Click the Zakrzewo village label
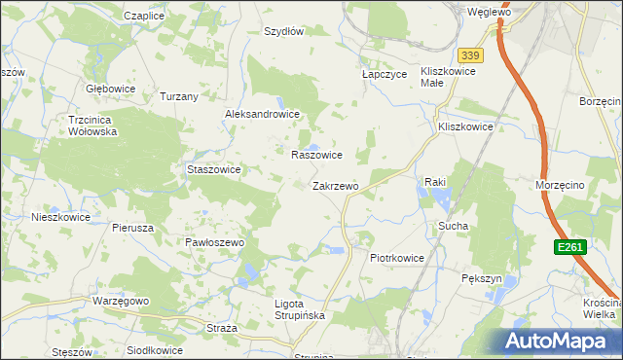point(336,186)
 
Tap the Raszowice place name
point(316,155)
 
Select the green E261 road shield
point(570,248)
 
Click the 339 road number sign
point(471,55)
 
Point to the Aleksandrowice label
point(262,114)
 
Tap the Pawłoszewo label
point(213,242)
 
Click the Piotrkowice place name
point(397,258)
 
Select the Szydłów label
point(284,31)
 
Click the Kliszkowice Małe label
point(447,77)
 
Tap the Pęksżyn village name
point(481,278)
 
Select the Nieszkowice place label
point(60,218)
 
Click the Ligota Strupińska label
point(299,310)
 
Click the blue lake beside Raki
point(435,198)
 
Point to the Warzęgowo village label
point(121,302)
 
